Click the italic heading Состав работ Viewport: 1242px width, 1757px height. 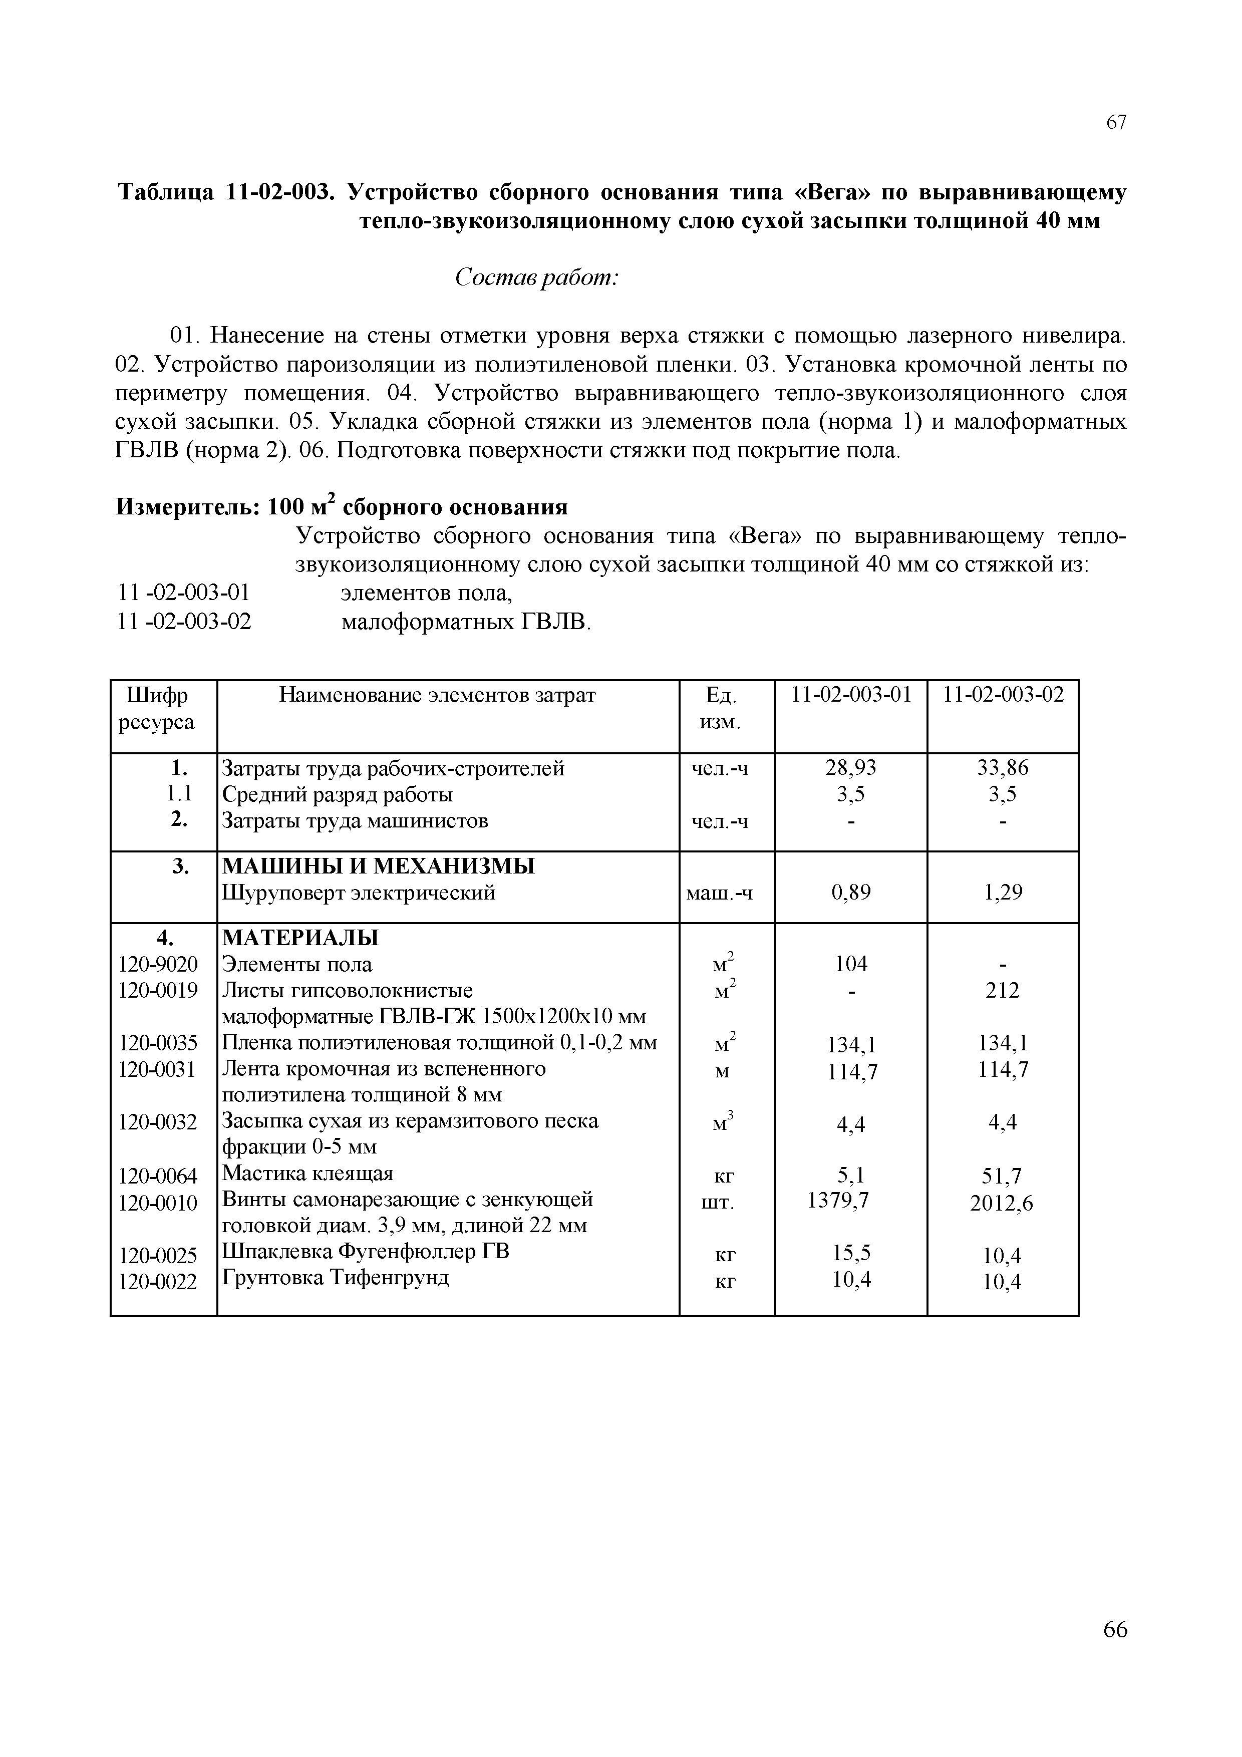(536, 278)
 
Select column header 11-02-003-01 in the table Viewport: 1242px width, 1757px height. (851, 695)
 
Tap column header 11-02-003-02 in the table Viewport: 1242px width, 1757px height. (1003, 695)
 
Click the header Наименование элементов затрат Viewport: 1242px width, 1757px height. (437, 695)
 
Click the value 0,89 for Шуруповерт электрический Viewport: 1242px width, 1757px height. (851, 893)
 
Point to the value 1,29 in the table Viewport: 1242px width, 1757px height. (1003, 893)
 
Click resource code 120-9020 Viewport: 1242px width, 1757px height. (158, 964)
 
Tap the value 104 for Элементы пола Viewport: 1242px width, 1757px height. (851, 964)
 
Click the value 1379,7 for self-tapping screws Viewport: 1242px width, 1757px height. (839, 1201)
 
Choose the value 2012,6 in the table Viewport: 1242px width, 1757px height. (1001, 1205)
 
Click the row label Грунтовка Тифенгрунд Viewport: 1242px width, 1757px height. (335, 1278)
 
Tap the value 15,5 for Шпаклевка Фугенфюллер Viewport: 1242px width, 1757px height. (851, 1254)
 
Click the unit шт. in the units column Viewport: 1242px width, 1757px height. (718, 1204)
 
